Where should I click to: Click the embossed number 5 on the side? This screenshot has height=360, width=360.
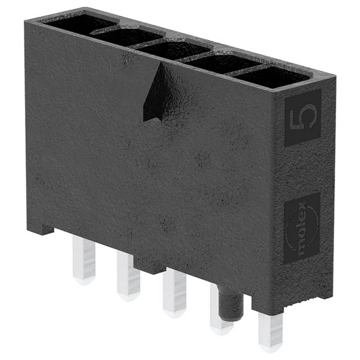click(303, 117)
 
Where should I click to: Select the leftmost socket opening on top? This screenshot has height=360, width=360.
click(77, 22)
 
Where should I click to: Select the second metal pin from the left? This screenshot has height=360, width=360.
click(128, 275)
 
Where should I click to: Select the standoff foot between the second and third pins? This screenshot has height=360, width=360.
click(149, 266)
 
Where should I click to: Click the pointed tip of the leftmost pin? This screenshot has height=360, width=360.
click(84, 281)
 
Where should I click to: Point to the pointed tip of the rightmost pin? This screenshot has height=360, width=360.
click(271, 348)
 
